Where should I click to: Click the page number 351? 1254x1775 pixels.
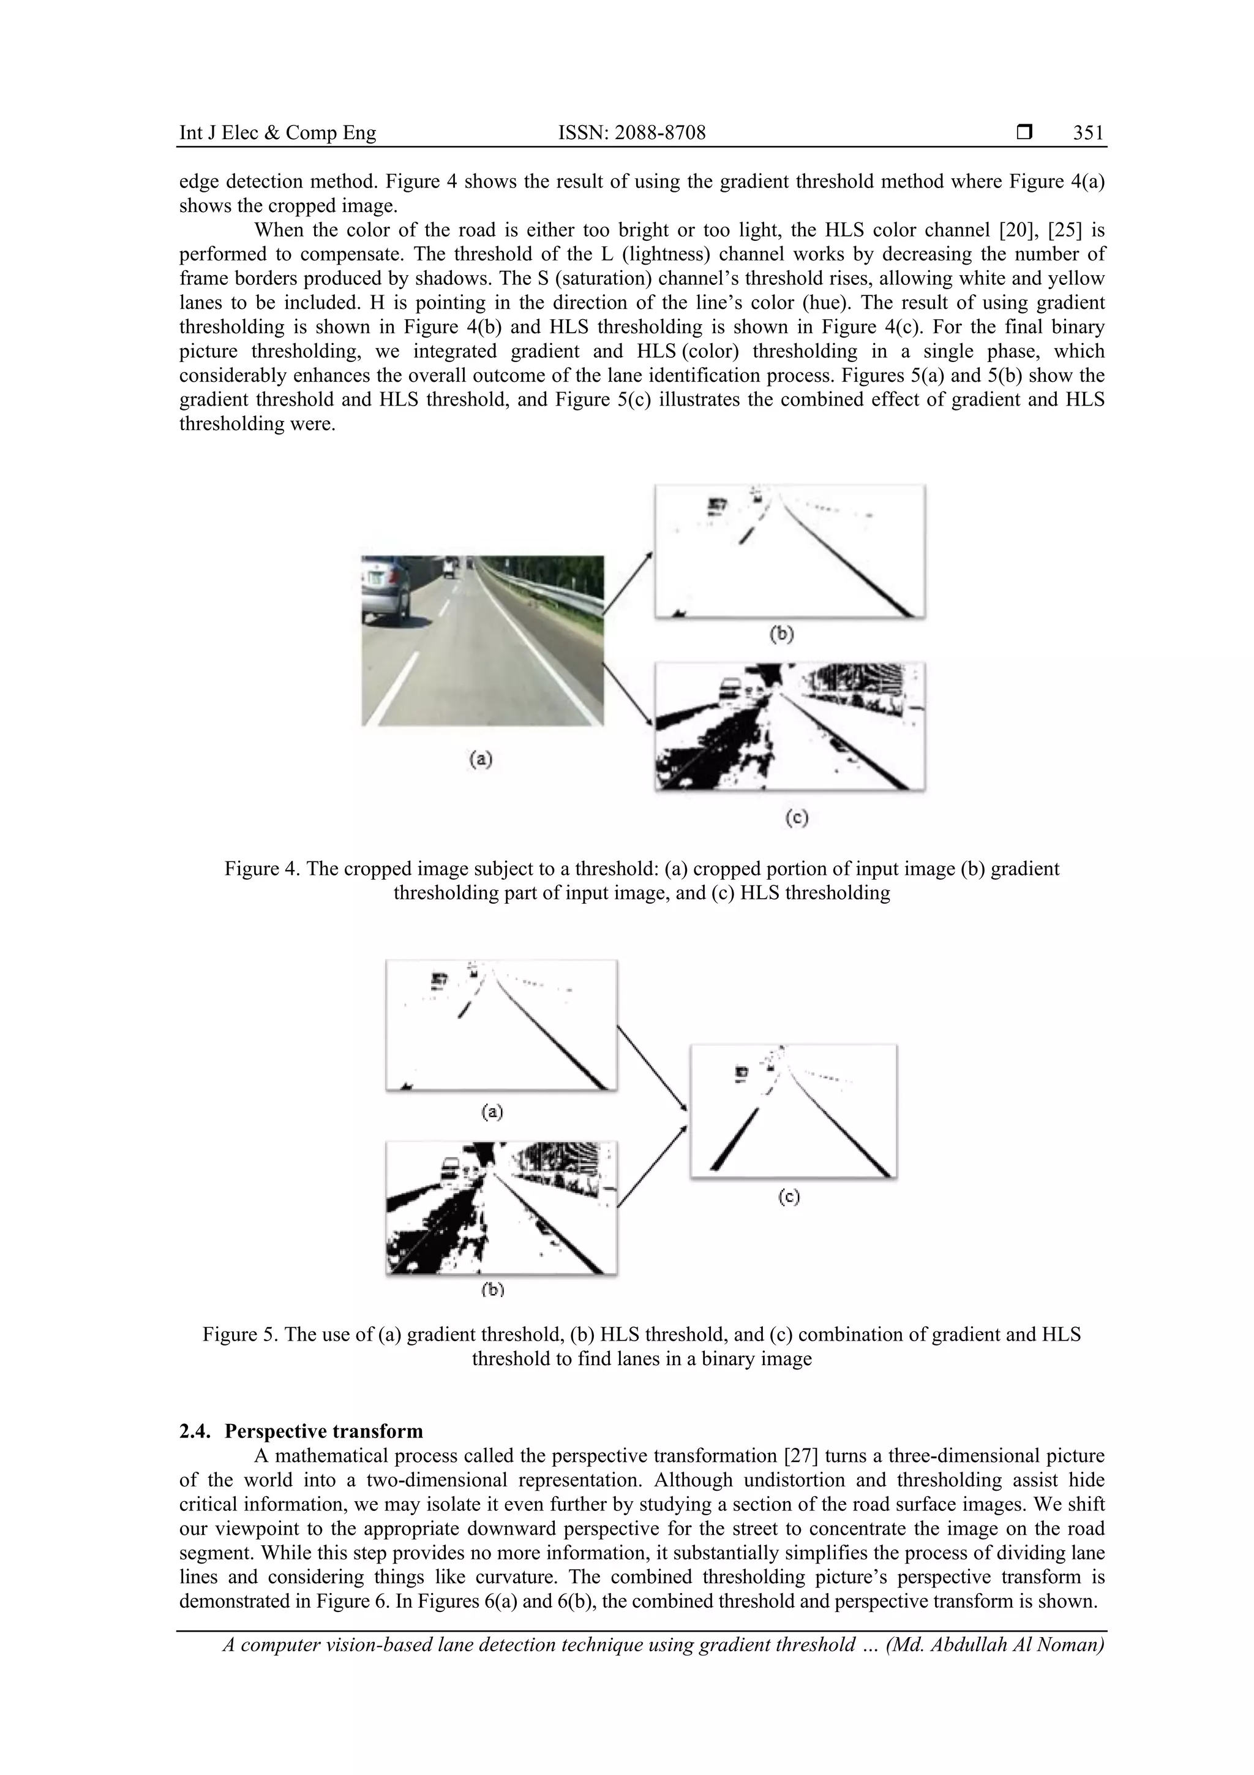pos(1088,133)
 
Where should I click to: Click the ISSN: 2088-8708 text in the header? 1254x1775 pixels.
pos(631,133)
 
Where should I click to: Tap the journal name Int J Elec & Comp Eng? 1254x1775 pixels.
pos(277,133)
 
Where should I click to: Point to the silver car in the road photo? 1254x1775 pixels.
pos(386,591)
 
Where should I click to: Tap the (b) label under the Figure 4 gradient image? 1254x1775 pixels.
pos(782,634)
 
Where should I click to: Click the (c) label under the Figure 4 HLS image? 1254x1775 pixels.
pos(797,817)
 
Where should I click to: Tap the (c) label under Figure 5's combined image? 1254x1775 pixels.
pos(788,1197)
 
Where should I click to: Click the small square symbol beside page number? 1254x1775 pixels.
pos(1024,133)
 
